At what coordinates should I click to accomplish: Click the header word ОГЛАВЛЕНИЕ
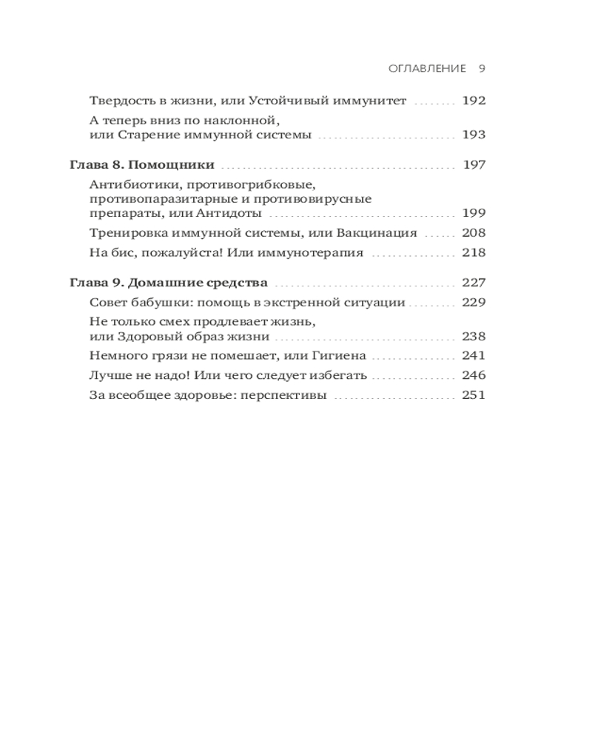coord(427,69)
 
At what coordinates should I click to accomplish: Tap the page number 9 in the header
coord(481,69)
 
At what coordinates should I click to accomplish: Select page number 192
coord(473,101)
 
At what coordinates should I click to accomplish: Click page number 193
coord(473,135)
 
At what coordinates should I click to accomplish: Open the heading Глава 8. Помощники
coord(141,165)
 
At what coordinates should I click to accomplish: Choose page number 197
coord(474,165)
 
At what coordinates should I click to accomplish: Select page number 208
coord(473,233)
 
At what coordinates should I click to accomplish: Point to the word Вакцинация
coord(378,233)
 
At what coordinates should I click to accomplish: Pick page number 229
coord(473,302)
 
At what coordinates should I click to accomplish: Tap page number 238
coord(473,336)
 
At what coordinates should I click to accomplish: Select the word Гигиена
coord(340,356)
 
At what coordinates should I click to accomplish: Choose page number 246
coord(473,376)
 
